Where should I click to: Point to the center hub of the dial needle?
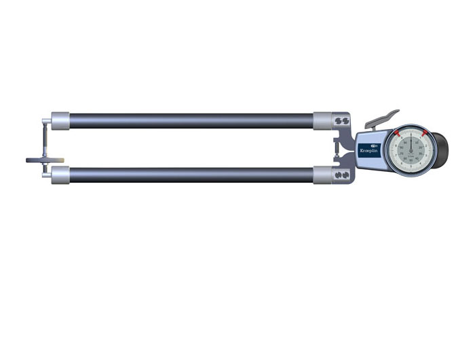pyautogui.click(x=411, y=149)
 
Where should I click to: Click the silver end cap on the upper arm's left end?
pyautogui.click(x=60, y=121)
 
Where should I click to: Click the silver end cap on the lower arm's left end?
pyautogui.click(x=60, y=175)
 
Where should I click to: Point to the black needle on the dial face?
pyautogui.click(x=411, y=141)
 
